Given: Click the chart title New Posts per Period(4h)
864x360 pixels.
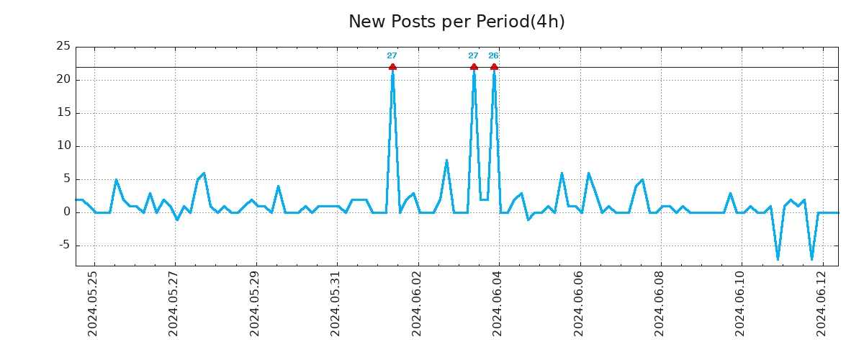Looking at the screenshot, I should click(456, 22).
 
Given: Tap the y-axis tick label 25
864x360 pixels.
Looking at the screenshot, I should click(63, 46).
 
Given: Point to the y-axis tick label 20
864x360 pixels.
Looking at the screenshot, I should click(63, 79).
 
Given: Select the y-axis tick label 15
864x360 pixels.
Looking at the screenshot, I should click(63, 112).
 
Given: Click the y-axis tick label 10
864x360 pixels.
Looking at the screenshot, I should click(63, 145).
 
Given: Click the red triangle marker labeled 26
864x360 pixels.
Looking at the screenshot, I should click(494, 67).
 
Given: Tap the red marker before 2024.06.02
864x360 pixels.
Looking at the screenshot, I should click(392, 67).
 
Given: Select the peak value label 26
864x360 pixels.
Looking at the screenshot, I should click(493, 55).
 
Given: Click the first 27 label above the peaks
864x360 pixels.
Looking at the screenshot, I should click(392, 55).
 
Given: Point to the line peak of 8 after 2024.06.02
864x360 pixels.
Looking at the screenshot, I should click(446, 160).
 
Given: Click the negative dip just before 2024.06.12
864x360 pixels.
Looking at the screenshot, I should click(811, 258).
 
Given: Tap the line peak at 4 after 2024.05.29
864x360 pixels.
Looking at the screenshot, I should click(278, 186).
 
